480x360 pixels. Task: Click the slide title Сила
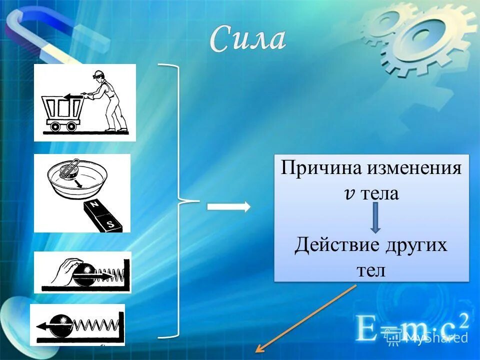248,39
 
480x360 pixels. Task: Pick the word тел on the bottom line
371,270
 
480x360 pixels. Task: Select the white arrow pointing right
228,207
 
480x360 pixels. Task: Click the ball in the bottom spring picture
64,325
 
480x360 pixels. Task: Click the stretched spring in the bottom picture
97,326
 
